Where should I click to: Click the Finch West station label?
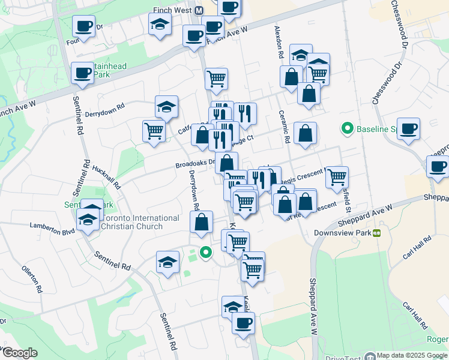pos(178,11)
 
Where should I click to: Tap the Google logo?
pos(20,353)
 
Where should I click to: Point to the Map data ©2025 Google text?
pos(412,355)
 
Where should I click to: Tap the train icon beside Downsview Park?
pos(377,233)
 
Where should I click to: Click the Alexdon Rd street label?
pos(278,41)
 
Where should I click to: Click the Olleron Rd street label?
pos(31,280)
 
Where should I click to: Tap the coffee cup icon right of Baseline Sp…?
pos(408,129)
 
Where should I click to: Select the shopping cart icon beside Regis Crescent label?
pos(337,176)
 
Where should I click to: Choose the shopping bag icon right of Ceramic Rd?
pos(306,134)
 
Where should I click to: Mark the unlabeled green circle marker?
pos(206,253)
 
